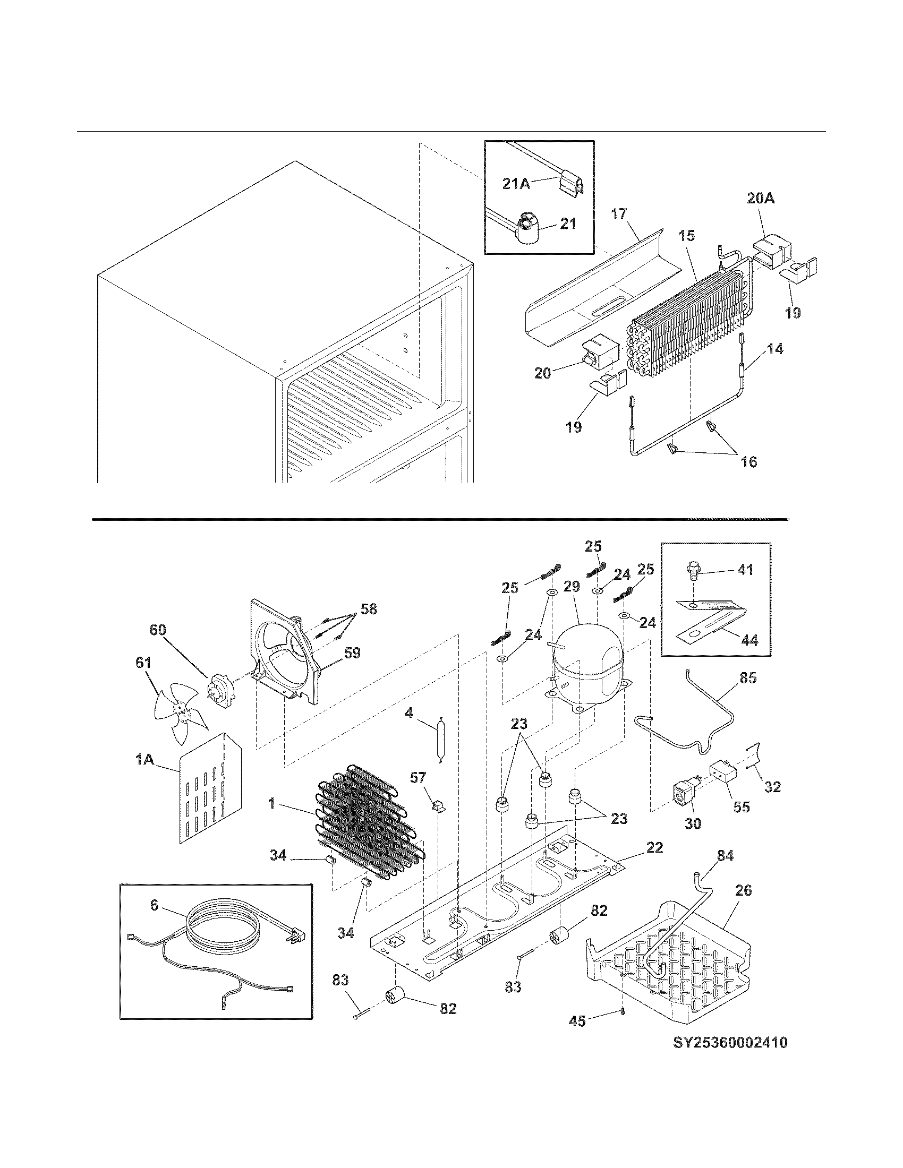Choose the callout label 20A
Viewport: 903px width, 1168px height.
[x=761, y=199]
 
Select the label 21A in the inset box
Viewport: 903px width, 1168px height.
[x=516, y=184]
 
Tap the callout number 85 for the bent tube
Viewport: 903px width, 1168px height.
[x=748, y=677]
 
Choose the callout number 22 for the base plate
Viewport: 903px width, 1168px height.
[x=654, y=848]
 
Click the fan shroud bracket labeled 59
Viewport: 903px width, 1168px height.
[x=284, y=652]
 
